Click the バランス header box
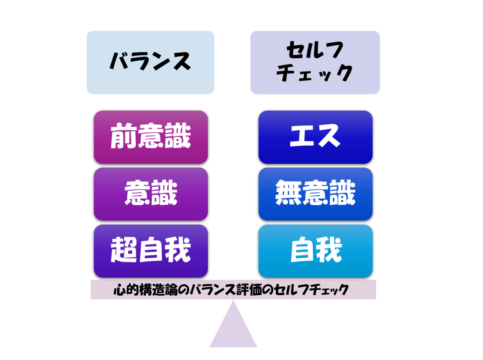[x=150, y=62]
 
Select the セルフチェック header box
[x=315, y=62]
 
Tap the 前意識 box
[x=151, y=137]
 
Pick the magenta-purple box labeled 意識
[x=151, y=194]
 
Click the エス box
[x=315, y=137]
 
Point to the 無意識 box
[x=315, y=194]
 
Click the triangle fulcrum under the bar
[x=233, y=328]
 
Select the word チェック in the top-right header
[x=315, y=74]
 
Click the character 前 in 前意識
[x=123, y=137]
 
